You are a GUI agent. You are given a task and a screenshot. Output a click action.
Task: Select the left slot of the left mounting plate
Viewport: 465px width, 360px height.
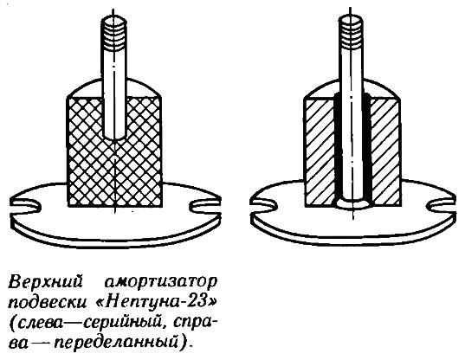point(26,205)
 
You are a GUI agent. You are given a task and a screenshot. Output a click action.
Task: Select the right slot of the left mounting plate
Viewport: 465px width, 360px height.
point(204,205)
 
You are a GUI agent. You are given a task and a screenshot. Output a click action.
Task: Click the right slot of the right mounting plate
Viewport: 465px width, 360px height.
point(442,205)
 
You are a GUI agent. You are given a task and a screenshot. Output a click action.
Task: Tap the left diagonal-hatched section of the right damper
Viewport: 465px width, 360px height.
point(320,152)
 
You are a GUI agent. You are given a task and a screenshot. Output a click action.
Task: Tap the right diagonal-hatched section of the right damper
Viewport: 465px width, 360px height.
point(386,152)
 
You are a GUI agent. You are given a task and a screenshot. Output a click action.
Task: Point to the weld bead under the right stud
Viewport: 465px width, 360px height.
point(352,204)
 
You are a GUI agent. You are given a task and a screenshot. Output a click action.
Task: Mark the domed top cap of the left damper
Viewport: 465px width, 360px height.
point(114,88)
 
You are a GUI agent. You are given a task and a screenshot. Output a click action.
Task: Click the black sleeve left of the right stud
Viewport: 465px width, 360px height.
point(337,148)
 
